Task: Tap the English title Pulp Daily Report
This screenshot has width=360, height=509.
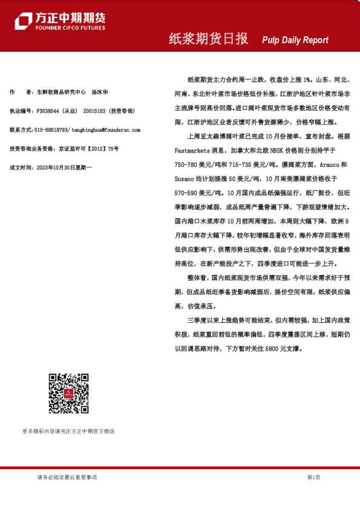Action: tap(295, 41)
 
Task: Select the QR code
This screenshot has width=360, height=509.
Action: tap(68, 394)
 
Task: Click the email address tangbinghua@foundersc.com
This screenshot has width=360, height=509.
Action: tap(106, 129)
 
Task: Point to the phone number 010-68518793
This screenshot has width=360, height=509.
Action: tap(51, 129)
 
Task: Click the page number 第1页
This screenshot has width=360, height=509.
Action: tap(313, 477)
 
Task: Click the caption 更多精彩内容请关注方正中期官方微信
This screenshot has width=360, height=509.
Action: tap(68, 431)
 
